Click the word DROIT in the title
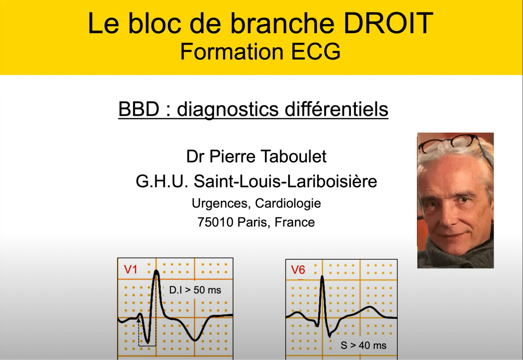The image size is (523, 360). coord(388,23)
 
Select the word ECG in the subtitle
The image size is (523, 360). coord(316,52)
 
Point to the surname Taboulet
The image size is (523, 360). coord(293,156)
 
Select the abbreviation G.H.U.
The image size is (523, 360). coord(162,181)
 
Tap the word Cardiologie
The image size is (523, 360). coord(288,203)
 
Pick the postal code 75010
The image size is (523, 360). coord(215,222)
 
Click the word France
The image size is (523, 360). coord(294,222)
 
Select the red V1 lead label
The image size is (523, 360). coord(131,269)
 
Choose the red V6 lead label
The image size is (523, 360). coord(298,270)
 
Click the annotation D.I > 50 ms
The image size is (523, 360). coord(195,290)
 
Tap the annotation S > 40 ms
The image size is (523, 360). coord(363,346)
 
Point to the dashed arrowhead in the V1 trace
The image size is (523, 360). coord(139,320)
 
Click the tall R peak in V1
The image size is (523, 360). coord(156,272)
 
